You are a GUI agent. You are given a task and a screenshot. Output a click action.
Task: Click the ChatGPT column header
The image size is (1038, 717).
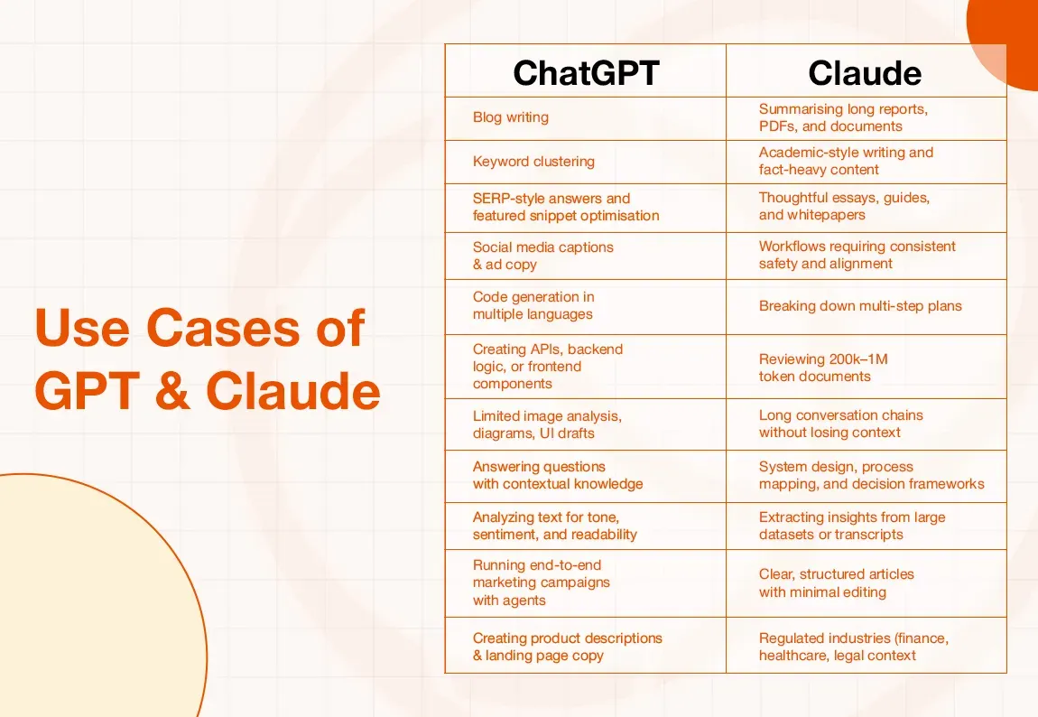tap(585, 72)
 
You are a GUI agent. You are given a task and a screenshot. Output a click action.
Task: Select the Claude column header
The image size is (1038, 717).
tap(865, 72)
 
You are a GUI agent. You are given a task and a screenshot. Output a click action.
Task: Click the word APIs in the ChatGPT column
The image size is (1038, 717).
tap(551, 349)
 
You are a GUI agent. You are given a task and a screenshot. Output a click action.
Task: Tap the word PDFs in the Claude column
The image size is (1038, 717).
tap(777, 126)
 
